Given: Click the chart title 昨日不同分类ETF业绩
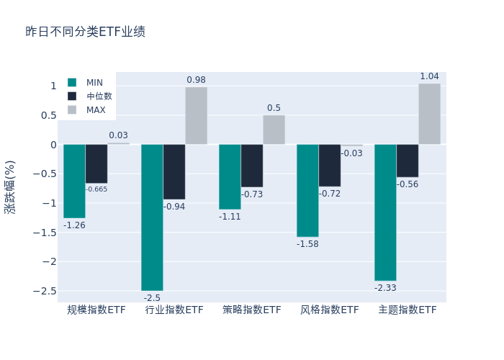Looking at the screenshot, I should point(85,32).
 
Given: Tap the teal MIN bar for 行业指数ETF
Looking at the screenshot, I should point(152,217).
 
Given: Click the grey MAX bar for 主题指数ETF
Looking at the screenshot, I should point(429,114).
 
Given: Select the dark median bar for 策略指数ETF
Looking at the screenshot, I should point(252,166).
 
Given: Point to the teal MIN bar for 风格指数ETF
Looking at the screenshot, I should point(307,190).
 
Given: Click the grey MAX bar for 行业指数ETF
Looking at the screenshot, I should point(196,116).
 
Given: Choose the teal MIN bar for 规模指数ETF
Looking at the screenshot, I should point(74,181).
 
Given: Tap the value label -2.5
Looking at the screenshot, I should point(152,298).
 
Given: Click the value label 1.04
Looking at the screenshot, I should point(429,76).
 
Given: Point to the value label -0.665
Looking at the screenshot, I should point(96,189).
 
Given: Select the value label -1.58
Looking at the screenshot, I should point(307,244).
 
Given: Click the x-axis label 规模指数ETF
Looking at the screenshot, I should point(96,310).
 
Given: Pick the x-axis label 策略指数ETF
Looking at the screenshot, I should point(252,310).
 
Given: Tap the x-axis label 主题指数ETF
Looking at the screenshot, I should point(408,310).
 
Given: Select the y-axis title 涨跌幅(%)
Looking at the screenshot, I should point(10,187).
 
